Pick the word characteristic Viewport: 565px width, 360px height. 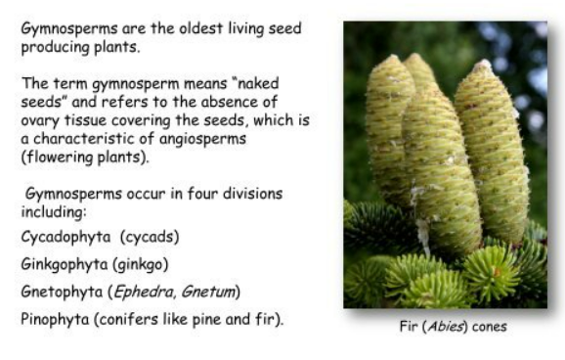93,139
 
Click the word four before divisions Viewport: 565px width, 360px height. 202,194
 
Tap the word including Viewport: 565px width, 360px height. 54,212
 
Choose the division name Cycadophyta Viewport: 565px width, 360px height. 65,238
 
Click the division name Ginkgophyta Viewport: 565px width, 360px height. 65,265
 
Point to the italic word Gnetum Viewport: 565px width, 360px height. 208,292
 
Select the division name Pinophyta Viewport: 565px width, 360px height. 55,320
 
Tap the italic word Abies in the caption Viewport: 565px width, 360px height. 445,327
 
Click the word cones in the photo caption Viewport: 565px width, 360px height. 490,327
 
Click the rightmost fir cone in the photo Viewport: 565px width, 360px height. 493,152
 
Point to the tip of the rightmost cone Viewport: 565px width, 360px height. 484,62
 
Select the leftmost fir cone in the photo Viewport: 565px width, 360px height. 390,130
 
